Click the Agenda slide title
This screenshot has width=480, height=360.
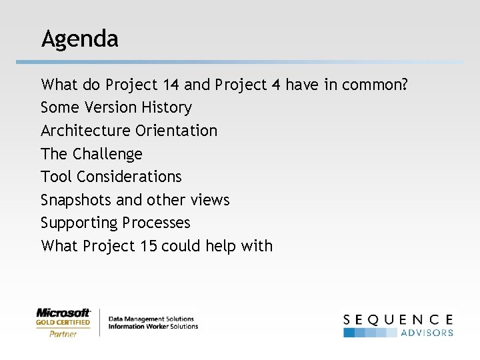79,39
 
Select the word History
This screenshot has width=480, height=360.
169,107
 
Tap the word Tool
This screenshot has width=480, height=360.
56,177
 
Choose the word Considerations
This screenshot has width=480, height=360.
129,177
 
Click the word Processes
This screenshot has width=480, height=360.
159,223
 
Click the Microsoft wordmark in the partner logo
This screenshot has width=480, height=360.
63,313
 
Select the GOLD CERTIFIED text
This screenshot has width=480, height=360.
63,323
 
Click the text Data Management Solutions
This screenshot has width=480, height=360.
151,319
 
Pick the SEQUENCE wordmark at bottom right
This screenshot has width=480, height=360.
398,320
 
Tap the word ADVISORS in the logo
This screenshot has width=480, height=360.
427,333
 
